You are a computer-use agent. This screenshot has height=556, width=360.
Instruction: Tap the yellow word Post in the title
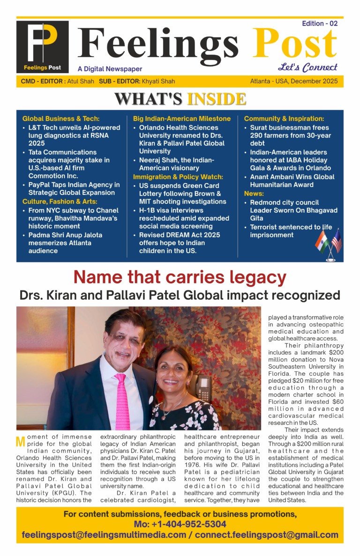295,44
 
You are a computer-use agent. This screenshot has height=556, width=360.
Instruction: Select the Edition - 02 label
320,23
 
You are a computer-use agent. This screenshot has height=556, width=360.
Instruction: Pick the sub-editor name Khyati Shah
158,82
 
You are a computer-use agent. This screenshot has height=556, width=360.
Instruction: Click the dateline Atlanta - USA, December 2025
293,82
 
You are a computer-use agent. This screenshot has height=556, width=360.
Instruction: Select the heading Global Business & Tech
61,119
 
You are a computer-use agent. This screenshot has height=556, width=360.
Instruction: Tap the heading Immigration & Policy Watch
178,177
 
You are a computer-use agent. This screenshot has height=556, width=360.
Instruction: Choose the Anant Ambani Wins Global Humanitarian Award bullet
292,181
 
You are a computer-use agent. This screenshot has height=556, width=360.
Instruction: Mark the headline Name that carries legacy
180,278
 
